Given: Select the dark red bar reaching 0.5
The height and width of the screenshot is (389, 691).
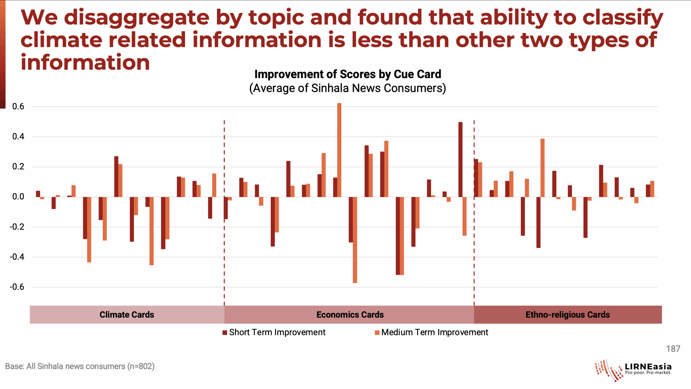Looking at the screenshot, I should (x=460, y=159).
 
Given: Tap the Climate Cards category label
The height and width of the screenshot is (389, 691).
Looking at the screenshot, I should (x=127, y=315).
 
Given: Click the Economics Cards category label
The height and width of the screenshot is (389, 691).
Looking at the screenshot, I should (x=350, y=315).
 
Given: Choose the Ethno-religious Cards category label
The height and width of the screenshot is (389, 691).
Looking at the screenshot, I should (x=567, y=315).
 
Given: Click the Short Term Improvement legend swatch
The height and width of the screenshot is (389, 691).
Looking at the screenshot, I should (x=225, y=333).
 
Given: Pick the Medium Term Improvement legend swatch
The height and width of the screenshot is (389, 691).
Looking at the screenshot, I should (x=377, y=333).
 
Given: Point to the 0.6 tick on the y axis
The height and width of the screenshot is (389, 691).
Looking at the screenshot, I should (x=18, y=106).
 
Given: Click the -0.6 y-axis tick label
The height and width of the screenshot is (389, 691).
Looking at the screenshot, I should (x=17, y=287).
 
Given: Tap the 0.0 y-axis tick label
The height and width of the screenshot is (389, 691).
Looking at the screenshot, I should (x=18, y=197).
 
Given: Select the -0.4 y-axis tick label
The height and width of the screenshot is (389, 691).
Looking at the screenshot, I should (x=17, y=257).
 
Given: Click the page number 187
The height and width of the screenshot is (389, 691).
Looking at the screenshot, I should (x=673, y=349).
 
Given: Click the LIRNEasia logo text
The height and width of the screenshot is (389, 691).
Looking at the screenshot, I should (x=648, y=367).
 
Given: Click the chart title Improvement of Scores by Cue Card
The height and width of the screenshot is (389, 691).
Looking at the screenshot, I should (x=348, y=74).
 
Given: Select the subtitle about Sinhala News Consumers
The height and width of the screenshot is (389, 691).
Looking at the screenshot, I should (x=348, y=88).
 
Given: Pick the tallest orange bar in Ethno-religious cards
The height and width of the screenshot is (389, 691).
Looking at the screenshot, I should (x=542, y=168).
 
